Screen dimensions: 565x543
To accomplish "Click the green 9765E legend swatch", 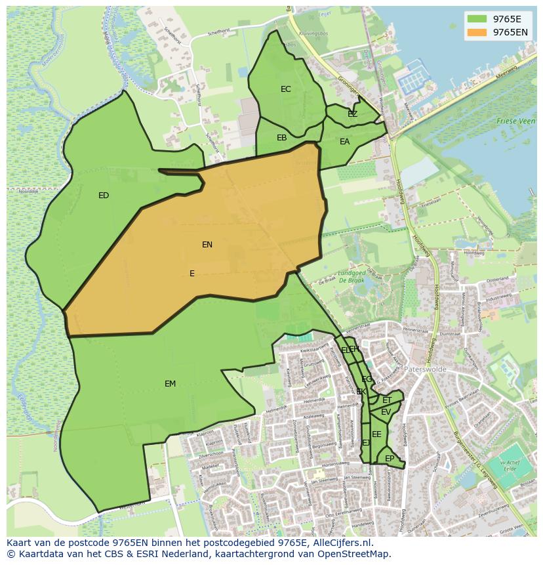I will pyautogui.click(x=477, y=18).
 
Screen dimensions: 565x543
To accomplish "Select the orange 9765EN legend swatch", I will pyautogui.click(x=477, y=32).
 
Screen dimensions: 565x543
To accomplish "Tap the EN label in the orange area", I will pyautogui.click(x=207, y=245).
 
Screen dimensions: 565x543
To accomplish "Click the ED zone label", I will pyautogui.click(x=104, y=196).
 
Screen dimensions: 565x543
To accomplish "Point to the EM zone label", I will pyautogui.click(x=170, y=384).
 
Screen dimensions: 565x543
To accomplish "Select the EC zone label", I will pyautogui.click(x=286, y=89).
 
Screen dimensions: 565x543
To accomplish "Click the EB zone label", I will pyautogui.click(x=282, y=138).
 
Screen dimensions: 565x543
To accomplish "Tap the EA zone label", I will pyautogui.click(x=345, y=142).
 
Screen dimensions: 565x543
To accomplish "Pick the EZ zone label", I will pyautogui.click(x=353, y=114).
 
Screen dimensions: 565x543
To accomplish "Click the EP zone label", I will pyautogui.click(x=390, y=459).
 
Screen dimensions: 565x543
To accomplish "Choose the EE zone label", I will pyautogui.click(x=376, y=434).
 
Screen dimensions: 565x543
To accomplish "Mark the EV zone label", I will pyautogui.click(x=386, y=412).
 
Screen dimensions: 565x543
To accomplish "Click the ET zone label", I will pyautogui.click(x=387, y=400).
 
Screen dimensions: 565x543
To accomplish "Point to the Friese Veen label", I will pyautogui.click(x=515, y=121).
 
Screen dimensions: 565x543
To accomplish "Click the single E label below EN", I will pyautogui.click(x=192, y=274).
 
